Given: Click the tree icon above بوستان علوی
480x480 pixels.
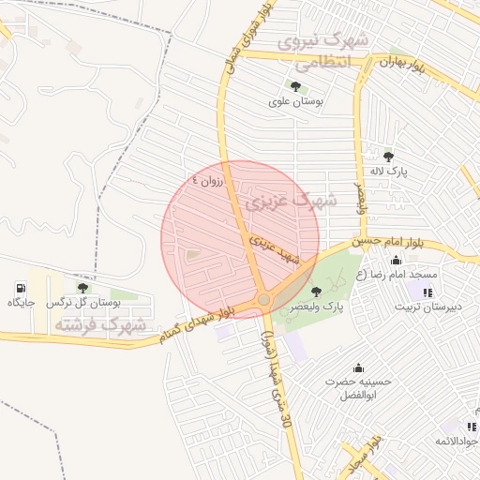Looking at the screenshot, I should click(x=295, y=86).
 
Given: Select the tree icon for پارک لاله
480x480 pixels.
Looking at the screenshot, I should click(x=388, y=157).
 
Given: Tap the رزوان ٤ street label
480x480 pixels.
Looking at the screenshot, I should click(x=209, y=181).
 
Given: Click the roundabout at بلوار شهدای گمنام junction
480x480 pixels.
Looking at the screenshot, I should click(x=264, y=299).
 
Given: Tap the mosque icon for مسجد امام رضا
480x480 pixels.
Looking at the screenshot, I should click(x=396, y=261).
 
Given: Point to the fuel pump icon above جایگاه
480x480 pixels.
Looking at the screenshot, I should click(x=21, y=288).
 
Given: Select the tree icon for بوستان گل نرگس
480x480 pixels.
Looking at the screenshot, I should click(x=82, y=288).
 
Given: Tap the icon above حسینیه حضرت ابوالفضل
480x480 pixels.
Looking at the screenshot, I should click(x=357, y=367).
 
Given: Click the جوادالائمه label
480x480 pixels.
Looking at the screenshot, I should click(x=457, y=441).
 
